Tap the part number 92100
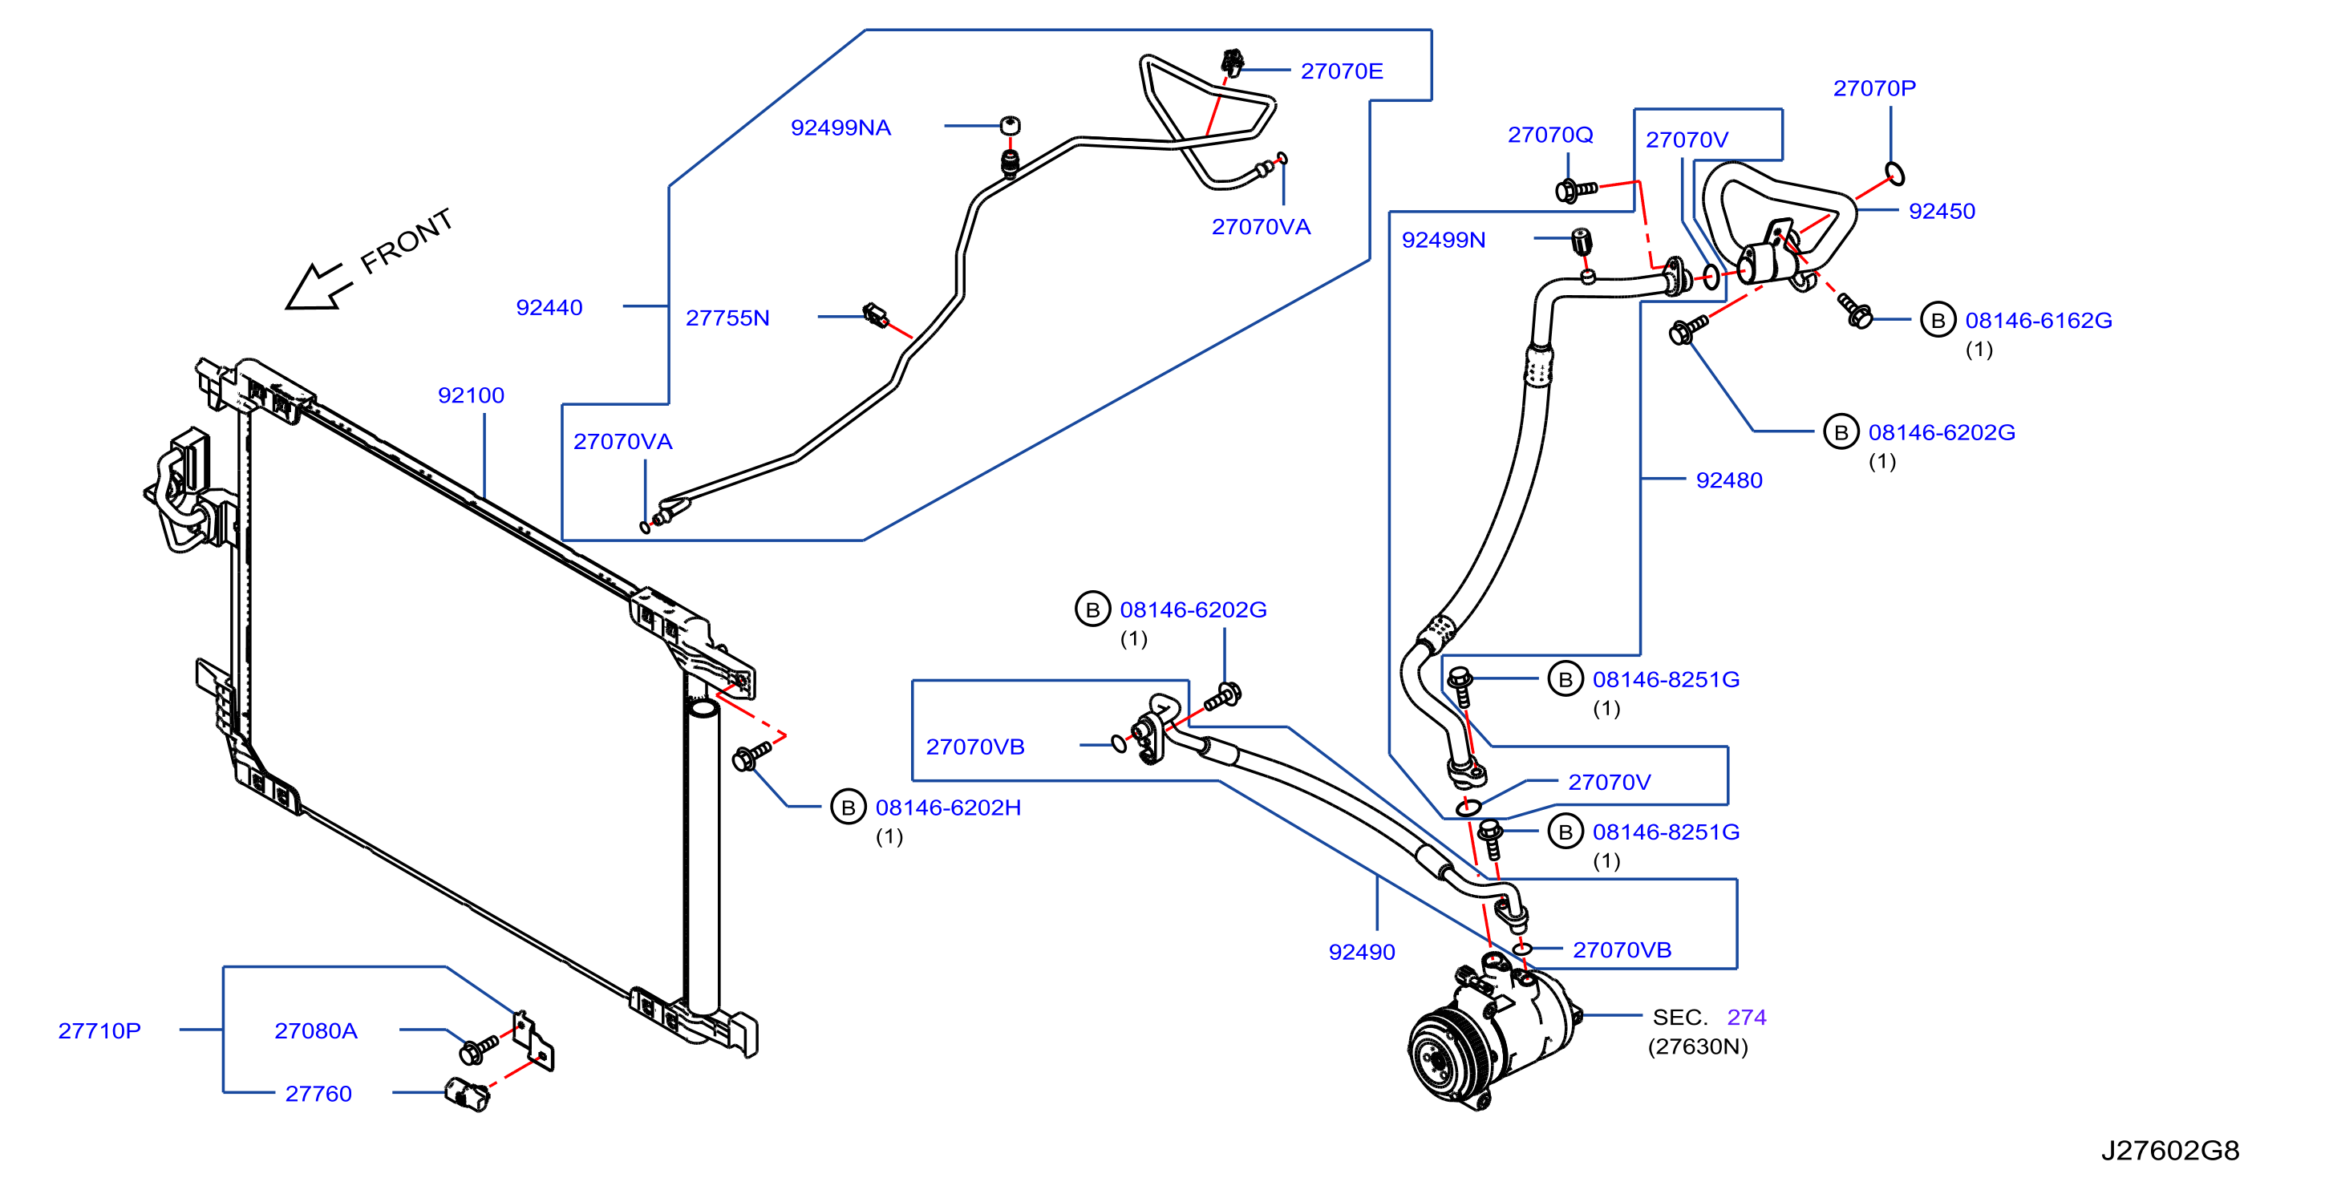471,395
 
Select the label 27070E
1342,71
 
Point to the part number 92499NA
840,127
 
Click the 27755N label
728,318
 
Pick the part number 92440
549,307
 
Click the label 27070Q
1550,135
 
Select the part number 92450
1942,212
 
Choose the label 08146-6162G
2039,320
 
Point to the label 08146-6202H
949,807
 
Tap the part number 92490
1362,952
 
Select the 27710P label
99,1031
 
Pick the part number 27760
318,1094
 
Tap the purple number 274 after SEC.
1747,1018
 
